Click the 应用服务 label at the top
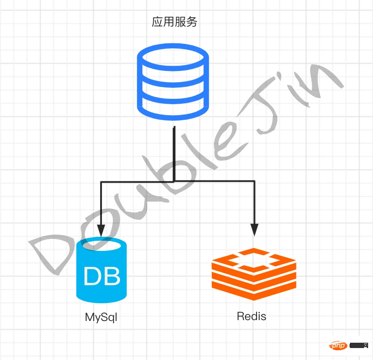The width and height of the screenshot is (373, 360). pyautogui.click(x=174, y=22)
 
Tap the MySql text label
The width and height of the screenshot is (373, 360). pyautogui.click(x=101, y=317)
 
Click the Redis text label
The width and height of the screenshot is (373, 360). pyautogui.click(x=252, y=316)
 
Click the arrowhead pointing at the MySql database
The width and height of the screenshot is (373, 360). pyautogui.click(x=101, y=230)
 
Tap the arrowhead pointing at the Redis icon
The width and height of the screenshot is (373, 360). pyautogui.click(x=254, y=229)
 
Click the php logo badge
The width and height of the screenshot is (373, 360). pyautogui.click(x=339, y=345)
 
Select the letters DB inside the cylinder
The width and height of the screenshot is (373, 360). pyautogui.click(x=102, y=276)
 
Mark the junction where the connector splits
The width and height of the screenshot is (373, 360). pyautogui.click(x=174, y=181)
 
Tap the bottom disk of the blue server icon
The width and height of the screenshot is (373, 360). pyautogui.click(x=173, y=109)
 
